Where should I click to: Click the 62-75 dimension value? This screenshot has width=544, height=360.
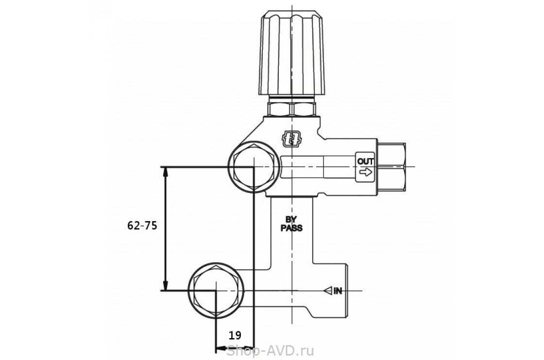[142, 225]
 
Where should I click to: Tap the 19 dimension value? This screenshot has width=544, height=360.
[235, 335]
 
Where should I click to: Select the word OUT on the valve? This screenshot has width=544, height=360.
[365, 161]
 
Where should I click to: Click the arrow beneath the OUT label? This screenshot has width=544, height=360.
[366, 172]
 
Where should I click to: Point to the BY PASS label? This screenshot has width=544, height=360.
[291, 224]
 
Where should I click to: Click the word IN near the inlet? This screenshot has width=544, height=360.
[338, 291]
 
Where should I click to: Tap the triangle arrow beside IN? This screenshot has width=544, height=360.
[328, 291]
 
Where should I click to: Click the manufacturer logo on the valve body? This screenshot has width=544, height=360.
[291, 139]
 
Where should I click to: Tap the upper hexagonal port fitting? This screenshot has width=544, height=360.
[254, 167]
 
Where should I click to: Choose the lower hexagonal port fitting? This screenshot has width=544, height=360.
[216, 290]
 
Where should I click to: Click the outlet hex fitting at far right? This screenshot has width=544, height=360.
[392, 167]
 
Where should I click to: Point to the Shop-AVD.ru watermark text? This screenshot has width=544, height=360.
[270, 351]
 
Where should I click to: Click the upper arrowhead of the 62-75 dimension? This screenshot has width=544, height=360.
[166, 171]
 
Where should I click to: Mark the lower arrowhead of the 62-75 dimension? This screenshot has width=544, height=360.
[166, 286]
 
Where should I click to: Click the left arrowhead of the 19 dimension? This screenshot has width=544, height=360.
[221, 347]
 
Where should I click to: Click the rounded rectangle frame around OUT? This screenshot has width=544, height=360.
[365, 167]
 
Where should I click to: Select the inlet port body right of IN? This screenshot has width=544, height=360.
[330, 291]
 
